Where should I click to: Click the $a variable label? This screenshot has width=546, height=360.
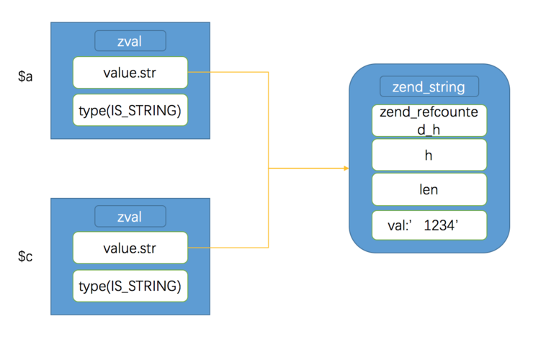tap(25, 77)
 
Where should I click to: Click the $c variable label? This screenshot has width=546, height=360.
tap(25, 256)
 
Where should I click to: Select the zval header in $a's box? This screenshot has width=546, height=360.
tap(130, 41)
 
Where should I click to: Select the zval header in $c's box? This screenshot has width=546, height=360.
tap(130, 216)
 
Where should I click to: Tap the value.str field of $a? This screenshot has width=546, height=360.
tap(130, 72)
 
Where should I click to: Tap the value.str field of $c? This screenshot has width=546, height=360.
tap(130, 248)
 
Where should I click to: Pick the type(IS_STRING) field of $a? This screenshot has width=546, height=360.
tap(130, 110)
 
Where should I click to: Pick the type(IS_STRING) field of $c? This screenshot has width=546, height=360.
tap(130, 286)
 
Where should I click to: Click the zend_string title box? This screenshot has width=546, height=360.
tap(429, 87)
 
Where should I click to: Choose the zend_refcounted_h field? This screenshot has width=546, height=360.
tap(429, 120)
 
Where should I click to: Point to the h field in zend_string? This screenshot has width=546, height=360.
tap(429, 155)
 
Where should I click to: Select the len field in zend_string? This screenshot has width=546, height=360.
tap(429, 191)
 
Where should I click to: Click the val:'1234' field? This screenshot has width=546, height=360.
tap(429, 225)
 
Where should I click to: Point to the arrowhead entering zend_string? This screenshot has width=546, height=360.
tap(346, 168)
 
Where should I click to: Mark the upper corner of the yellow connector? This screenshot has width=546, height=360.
tap(268, 72)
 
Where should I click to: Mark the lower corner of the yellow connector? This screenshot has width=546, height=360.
tap(268, 248)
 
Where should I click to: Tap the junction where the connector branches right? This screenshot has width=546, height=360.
tap(268, 168)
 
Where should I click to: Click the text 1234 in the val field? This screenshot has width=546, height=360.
tap(440, 226)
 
